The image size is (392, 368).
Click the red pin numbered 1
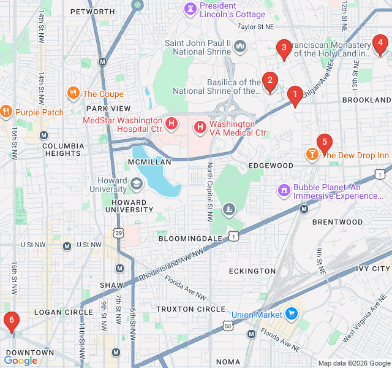[x=295, y=95]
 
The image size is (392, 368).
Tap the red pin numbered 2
[x=269, y=80]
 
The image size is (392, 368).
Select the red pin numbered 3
[x=283, y=48]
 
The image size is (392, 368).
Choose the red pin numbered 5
[x=324, y=142]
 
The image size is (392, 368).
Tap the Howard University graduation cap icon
[x=136, y=183]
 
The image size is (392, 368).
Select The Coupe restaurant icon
[x=73, y=93]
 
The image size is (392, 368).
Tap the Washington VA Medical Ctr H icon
[x=200, y=128]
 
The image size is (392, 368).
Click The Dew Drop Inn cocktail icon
[x=312, y=155]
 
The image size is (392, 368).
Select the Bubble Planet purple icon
[x=284, y=191]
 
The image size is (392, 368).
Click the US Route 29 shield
[x=119, y=232]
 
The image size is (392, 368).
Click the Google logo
[x=21, y=361]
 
